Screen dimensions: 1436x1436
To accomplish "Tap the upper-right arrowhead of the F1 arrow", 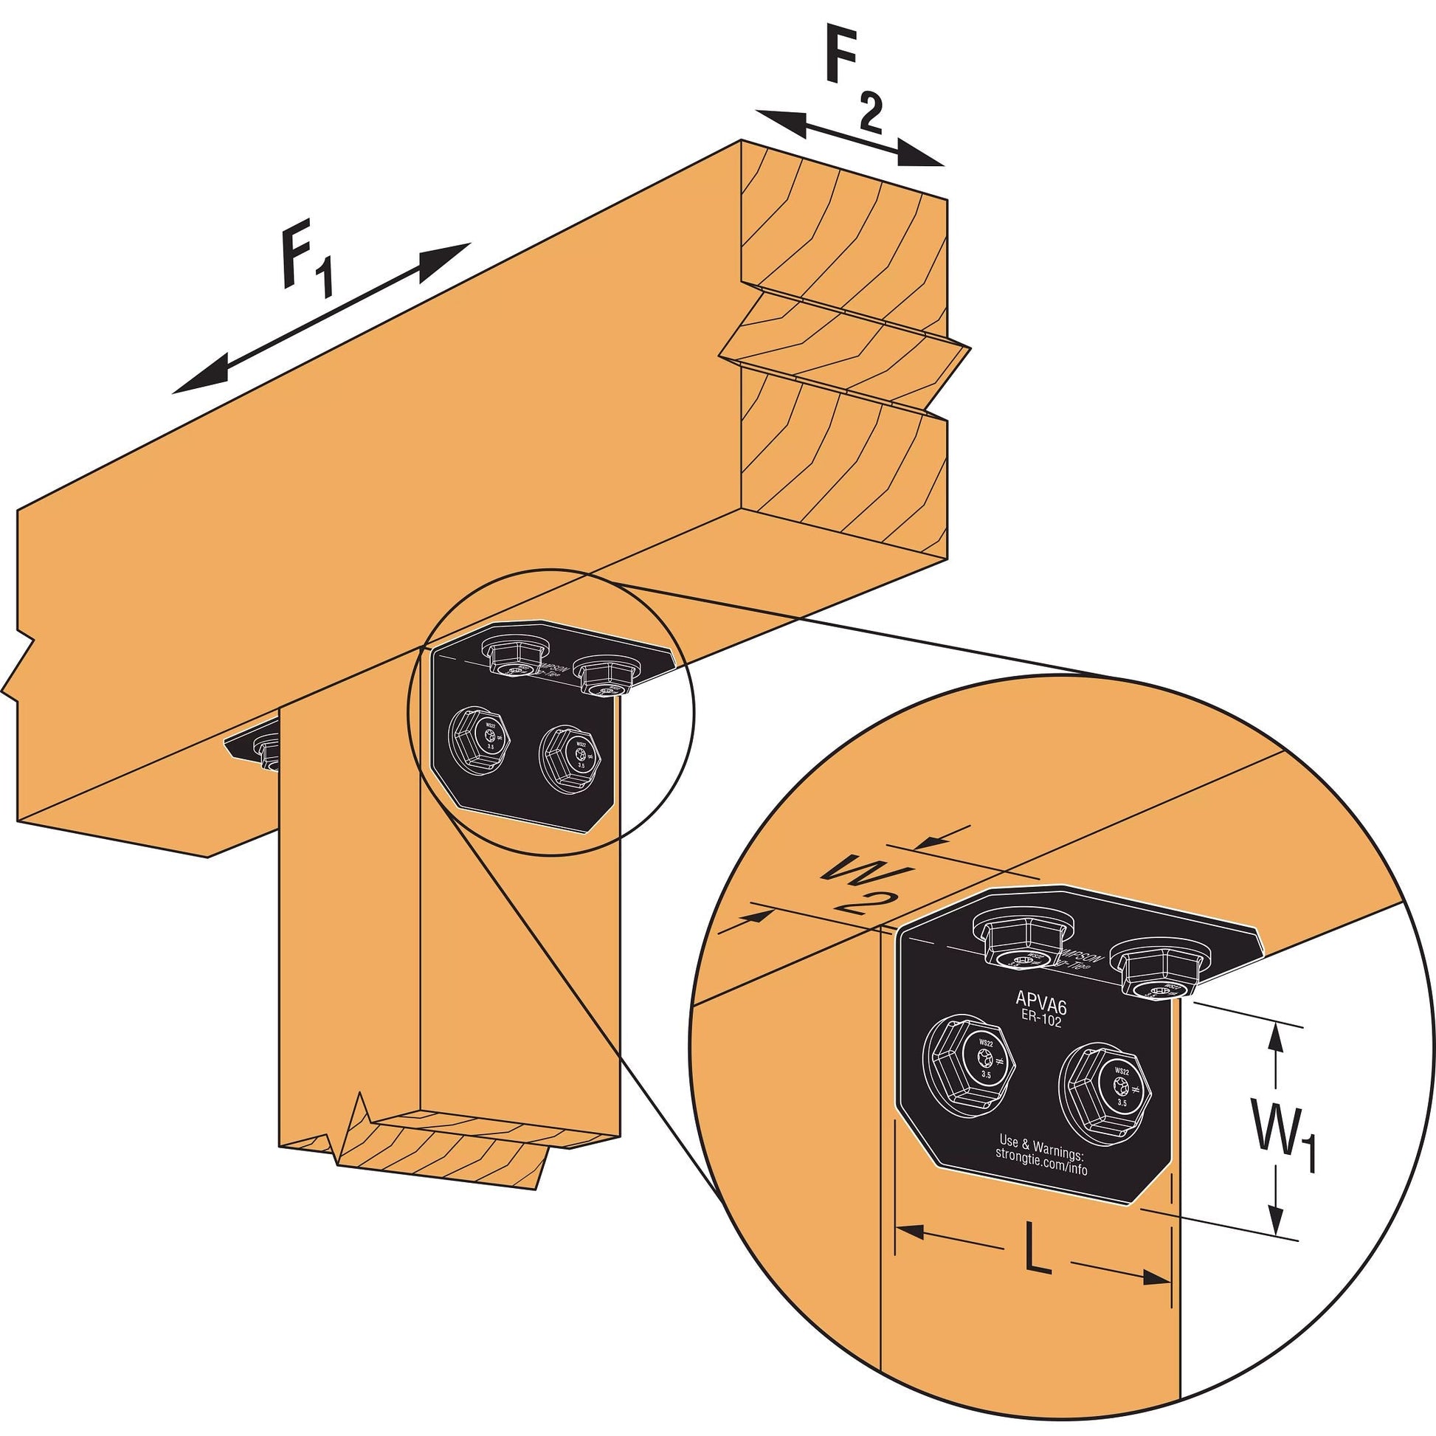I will (x=447, y=259).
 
